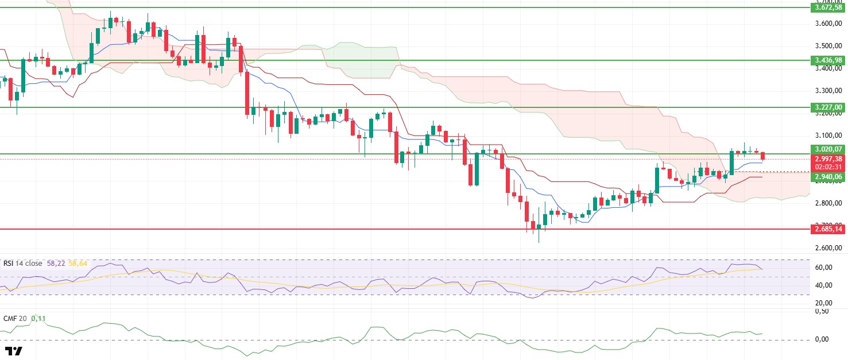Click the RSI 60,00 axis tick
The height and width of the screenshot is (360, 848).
click(x=824, y=268)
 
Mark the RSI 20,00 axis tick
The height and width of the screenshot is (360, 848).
click(x=824, y=303)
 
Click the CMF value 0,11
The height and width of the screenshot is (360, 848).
click(x=38, y=318)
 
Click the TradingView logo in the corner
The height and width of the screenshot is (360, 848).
click(x=13, y=351)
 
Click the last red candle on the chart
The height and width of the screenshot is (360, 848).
click(x=763, y=156)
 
